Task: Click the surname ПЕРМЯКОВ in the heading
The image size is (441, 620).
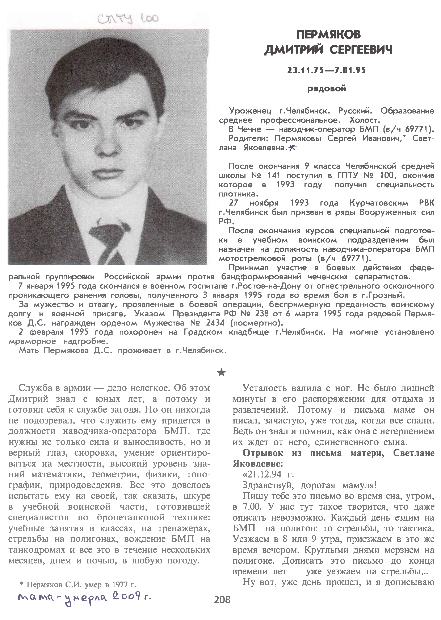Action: click(x=329, y=35)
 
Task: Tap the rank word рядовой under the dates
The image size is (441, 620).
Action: click(x=327, y=88)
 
